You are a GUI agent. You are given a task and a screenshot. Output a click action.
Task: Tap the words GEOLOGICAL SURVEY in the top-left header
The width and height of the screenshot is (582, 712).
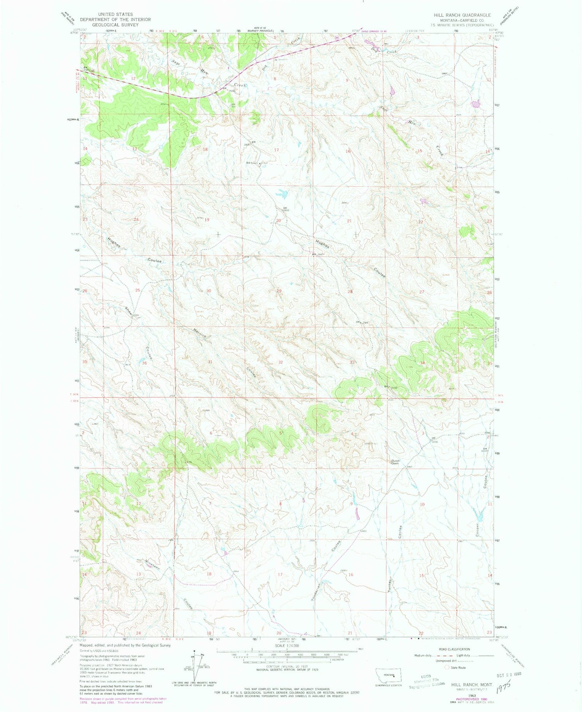[x=115, y=24]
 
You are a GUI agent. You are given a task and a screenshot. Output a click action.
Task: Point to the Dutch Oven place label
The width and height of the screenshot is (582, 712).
[x=395, y=462]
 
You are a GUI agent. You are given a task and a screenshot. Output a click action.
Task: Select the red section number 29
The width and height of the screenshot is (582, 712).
[x=279, y=291]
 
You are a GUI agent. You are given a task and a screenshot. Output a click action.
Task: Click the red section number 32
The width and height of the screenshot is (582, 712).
[x=280, y=362]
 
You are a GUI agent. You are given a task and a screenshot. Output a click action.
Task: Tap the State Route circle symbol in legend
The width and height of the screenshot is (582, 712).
[x=447, y=667]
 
